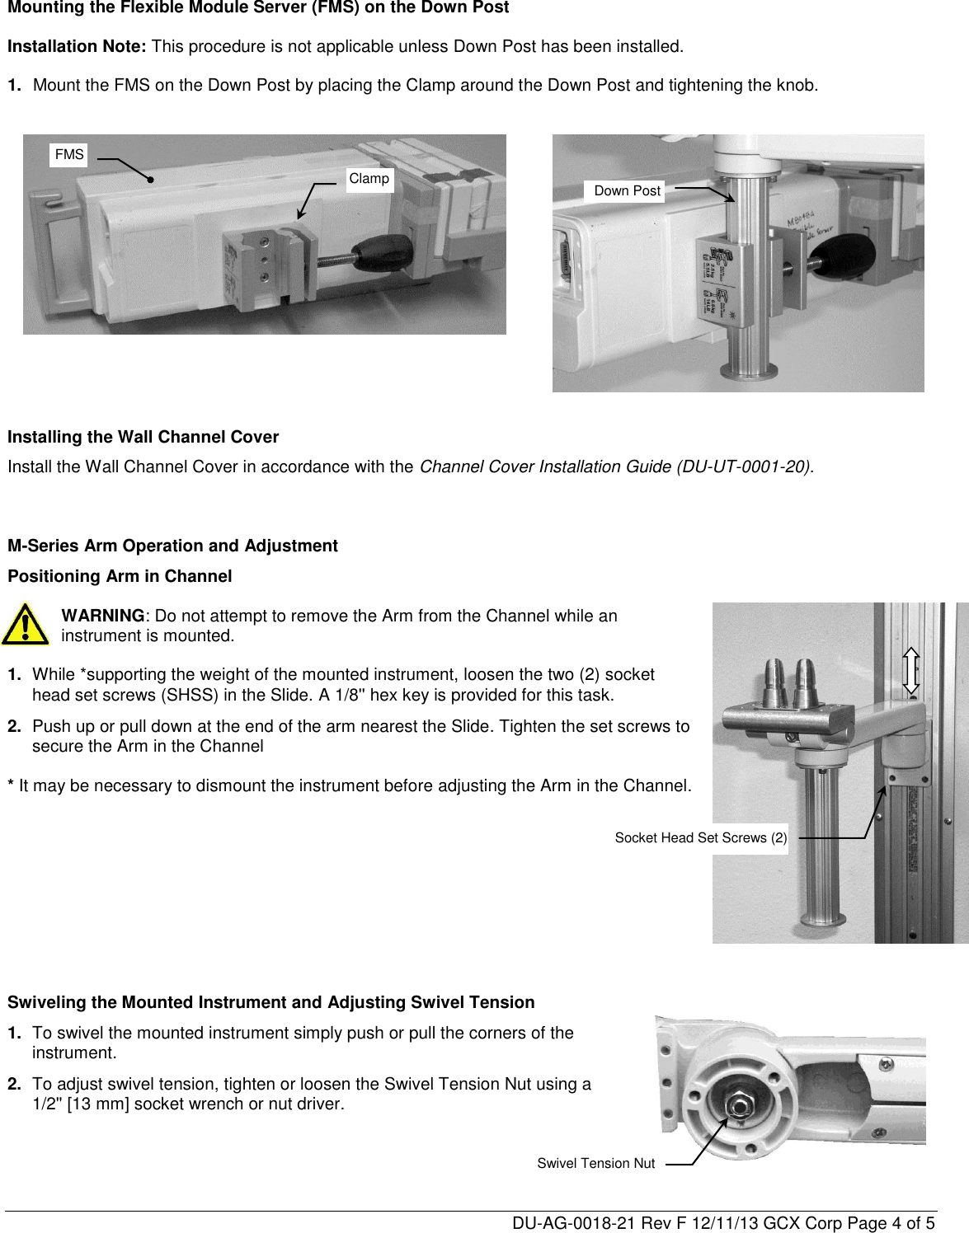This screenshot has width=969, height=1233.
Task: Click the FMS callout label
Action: pyautogui.click(x=69, y=154)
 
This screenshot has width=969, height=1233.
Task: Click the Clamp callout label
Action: pyautogui.click(x=369, y=179)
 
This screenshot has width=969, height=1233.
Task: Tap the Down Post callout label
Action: pyautogui.click(x=627, y=191)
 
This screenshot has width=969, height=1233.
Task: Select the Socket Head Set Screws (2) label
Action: pyautogui.click(x=700, y=838)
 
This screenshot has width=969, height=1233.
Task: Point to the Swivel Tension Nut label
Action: pyautogui.click(x=595, y=1163)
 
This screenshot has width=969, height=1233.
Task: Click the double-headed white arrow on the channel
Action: pyautogui.click(x=911, y=670)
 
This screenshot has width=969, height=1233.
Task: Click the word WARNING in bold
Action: pyautogui.click(x=103, y=616)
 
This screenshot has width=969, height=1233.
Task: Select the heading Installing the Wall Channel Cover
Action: pyautogui.click(x=143, y=437)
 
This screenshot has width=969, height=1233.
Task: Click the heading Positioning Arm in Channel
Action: pyautogui.click(x=120, y=576)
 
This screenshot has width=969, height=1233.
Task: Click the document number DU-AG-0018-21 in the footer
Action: pyautogui.click(x=565, y=1221)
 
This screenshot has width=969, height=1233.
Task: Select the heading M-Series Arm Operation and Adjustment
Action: pyautogui.click(x=172, y=546)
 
